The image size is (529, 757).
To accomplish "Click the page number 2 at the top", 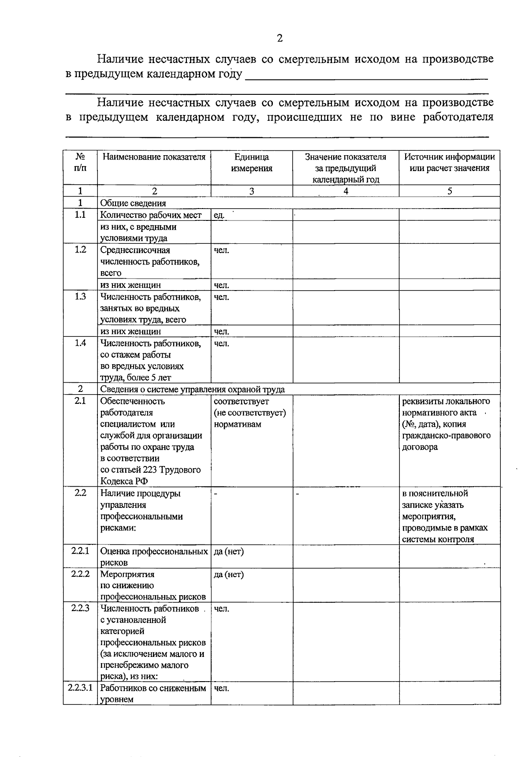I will pos(279,38).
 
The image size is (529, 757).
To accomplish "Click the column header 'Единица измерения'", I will pos(251,163).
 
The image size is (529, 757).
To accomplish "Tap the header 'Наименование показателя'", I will pos(154,157).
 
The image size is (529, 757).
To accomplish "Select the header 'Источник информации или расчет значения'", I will pos(449,163).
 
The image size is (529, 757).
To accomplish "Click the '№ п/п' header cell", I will pos(80,163).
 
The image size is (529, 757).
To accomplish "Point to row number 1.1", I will pos(80,215).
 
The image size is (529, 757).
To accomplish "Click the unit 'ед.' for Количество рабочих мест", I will pos(219,215).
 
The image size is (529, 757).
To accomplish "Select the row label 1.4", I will pos(80,343).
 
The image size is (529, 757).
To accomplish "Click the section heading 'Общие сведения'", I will pos(133,203).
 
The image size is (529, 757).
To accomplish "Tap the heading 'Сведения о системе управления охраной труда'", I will pos(192,389).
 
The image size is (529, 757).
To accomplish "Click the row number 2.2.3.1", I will pos(80,688).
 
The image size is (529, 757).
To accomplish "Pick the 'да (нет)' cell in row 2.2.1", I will pos(228,551).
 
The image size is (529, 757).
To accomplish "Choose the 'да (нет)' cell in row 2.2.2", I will pos(228,574).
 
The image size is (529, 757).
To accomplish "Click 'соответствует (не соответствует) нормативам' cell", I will pos(250,413).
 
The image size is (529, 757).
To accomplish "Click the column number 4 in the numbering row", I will pos(346,191).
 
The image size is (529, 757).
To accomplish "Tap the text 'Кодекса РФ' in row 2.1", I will pos(124,481).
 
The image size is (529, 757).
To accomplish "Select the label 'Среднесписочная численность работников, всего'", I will pos(150,261).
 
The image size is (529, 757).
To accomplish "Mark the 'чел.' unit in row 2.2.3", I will pos(221,609).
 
